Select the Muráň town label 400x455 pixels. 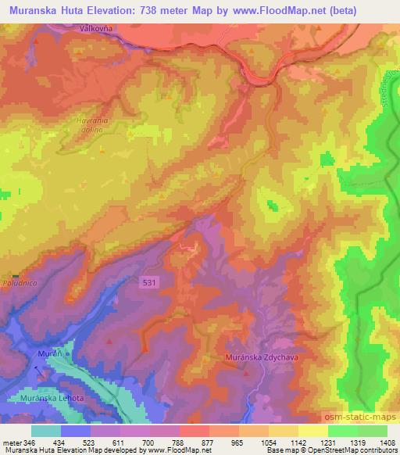click(48, 354)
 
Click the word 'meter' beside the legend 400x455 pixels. click(13, 442)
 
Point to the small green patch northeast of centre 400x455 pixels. click(272, 206)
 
